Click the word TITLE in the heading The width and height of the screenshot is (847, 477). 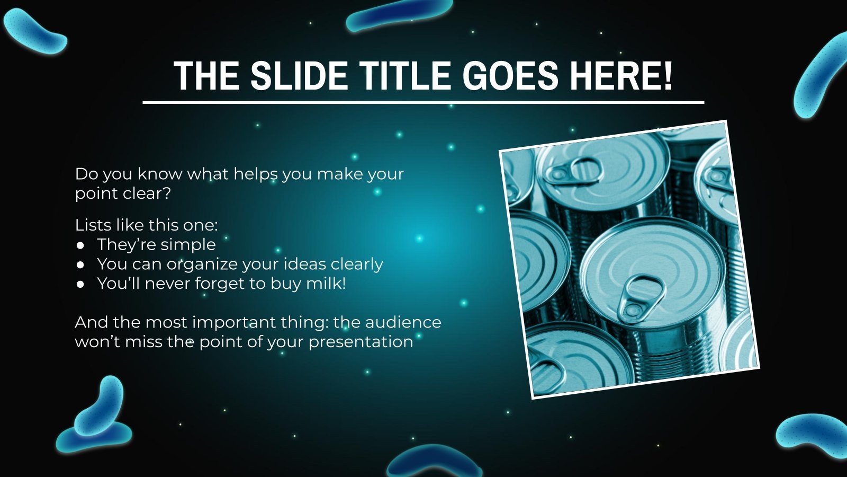coord(406,76)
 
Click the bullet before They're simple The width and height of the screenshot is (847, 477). coord(80,245)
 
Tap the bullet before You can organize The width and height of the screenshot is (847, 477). coord(80,264)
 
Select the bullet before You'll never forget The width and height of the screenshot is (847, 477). coord(80,284)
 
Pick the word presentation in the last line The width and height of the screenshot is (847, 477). coord(361,342)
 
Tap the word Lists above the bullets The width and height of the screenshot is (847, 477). coord(93,225)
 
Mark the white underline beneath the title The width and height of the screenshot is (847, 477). coord(424,102)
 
